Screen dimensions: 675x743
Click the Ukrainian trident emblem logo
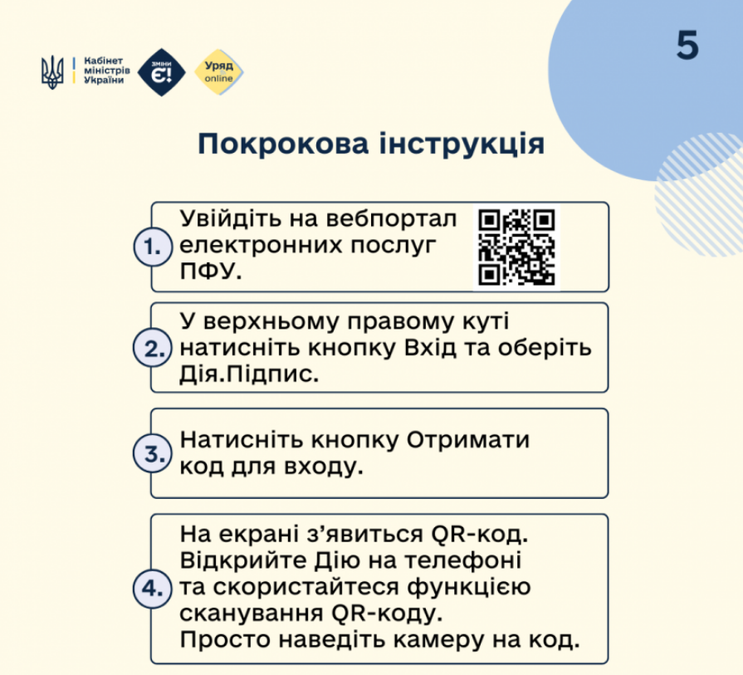coord(52,72)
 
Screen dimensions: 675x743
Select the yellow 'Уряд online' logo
coord(218,72)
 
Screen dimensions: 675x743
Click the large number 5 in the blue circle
coord(687,46)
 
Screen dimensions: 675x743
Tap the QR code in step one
coord(516,247)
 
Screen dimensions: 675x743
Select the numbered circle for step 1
coord(151,247)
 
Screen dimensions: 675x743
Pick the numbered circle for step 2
coord(151,348)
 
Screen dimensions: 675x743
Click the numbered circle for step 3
coord(151,453)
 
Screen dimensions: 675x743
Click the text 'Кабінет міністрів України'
coord(106,72)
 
